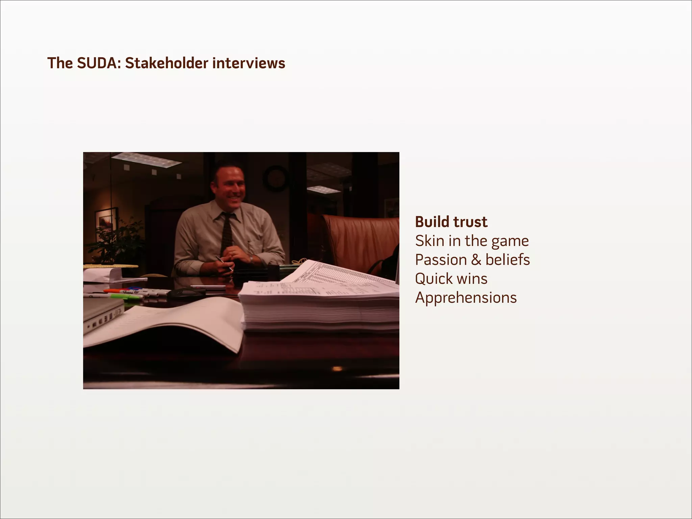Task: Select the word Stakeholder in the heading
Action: [x=167, y=63]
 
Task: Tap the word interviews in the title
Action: [x=249, y=63]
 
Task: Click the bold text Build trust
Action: [x=451, y=222]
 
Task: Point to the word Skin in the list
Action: [x=429, y=241]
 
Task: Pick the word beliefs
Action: [x=508, y=260]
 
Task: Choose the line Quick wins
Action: [x=451, y=279]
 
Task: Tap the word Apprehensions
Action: [x=466, y=298]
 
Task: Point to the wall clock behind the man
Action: [x=275, y=178]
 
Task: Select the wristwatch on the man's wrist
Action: [x=251, y=259]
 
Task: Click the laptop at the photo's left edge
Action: [x=103, y=313]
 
